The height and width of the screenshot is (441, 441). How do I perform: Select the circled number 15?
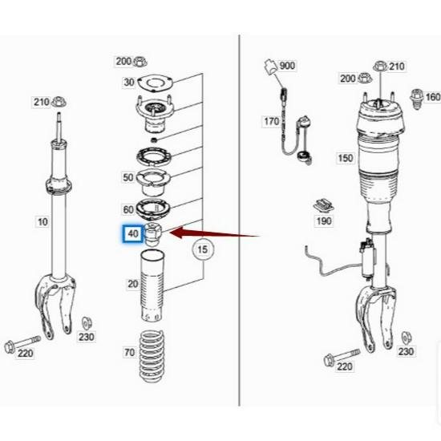coord(203,250)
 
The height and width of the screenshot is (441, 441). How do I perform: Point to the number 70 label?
coord(128,351)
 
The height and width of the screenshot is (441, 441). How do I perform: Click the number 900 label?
coord(287,65)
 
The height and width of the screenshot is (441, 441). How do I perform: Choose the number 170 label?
coord(272,121)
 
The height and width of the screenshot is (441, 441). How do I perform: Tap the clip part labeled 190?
coord(323,204)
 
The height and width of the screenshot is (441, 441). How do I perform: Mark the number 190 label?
coord(323,220)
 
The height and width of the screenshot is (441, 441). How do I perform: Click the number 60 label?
coord(128,209)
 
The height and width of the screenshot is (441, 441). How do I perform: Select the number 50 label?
coord(128,176)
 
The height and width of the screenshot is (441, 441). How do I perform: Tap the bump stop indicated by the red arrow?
coord(153,235)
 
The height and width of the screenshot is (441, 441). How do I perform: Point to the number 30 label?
coord(128,82)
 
